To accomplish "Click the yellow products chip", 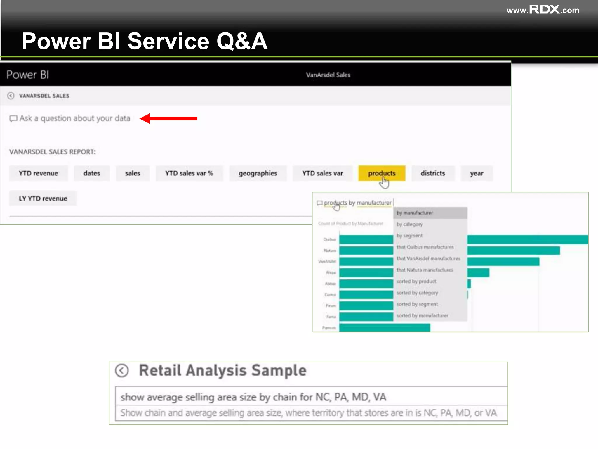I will [382, 173].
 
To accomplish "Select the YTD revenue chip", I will [38, 173].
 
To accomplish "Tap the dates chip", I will [91, 173].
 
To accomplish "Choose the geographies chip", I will [258, 173].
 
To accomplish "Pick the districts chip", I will [433, 173].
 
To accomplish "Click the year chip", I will [477, 173].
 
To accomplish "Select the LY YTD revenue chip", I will [43, 198].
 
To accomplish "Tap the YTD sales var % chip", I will [189, 173].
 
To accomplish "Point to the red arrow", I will [168, 118].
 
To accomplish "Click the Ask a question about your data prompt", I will [74, 118].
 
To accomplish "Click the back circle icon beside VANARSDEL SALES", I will [11, 96].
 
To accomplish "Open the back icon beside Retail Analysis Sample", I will [122, 371].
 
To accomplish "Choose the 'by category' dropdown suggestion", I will [409, 224].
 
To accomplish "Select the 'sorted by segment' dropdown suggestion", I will [417, 304].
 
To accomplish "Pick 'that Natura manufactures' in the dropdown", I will [425, 270].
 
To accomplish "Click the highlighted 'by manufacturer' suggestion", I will [415, 213].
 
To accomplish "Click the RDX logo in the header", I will [544, 10].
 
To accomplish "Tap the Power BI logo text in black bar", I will [28, 75].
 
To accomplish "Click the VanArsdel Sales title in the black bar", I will [328, 75].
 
